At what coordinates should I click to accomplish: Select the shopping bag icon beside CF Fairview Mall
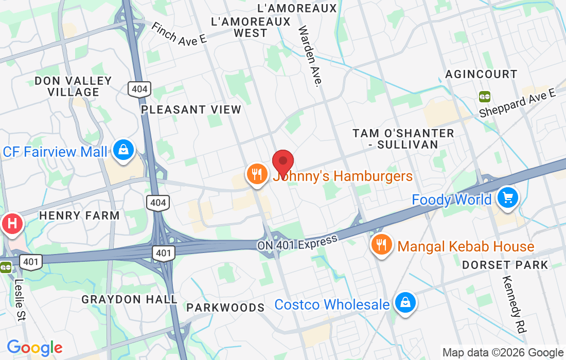tap(123, 150)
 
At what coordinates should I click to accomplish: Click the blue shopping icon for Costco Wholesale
tap(405, 302)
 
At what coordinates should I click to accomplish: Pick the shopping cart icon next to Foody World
tap(508, 197)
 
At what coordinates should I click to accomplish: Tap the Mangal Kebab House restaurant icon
tap(381, 245)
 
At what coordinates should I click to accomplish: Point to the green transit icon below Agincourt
tap(484, 96)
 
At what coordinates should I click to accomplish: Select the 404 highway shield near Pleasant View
tap(139, 89)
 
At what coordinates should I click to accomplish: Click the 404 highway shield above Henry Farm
tap(157, 203)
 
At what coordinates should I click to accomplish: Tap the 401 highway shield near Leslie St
tap(31, 262)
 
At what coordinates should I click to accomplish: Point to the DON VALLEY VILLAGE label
tap(73, 86)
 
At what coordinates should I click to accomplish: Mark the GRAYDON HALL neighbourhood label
tap(129, 299)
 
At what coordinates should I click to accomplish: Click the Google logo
tap(34, 348)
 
